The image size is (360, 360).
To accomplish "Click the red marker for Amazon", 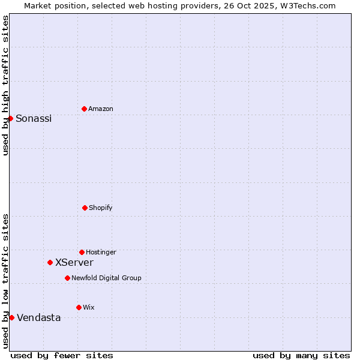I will (84, 109).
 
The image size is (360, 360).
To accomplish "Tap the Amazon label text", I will (101, 109).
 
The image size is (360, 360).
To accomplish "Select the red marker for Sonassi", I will (10, 118).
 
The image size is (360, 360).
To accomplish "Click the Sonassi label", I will (34, 119).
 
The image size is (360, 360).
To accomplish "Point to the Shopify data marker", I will (85, 208).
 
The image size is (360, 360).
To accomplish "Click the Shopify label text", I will (101, 208).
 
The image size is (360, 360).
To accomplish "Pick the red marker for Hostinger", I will (82, 252).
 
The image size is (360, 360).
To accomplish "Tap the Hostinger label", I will (101, 253).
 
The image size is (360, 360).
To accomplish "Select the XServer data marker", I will (50, 262).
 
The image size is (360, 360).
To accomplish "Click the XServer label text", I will (74, 263).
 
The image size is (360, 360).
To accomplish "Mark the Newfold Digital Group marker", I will (67, 278).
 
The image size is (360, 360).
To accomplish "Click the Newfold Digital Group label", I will (106, 278).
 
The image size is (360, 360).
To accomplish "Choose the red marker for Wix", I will (79, 307).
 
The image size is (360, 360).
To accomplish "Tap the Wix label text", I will (89, 308).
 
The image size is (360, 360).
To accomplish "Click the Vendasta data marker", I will (11, 317).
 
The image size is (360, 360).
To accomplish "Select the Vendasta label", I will (39, 318).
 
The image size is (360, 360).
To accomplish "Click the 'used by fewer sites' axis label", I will (62, 355).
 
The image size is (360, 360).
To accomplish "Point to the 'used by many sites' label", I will (301, 355).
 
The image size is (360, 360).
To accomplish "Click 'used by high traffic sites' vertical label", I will (5, 85).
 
